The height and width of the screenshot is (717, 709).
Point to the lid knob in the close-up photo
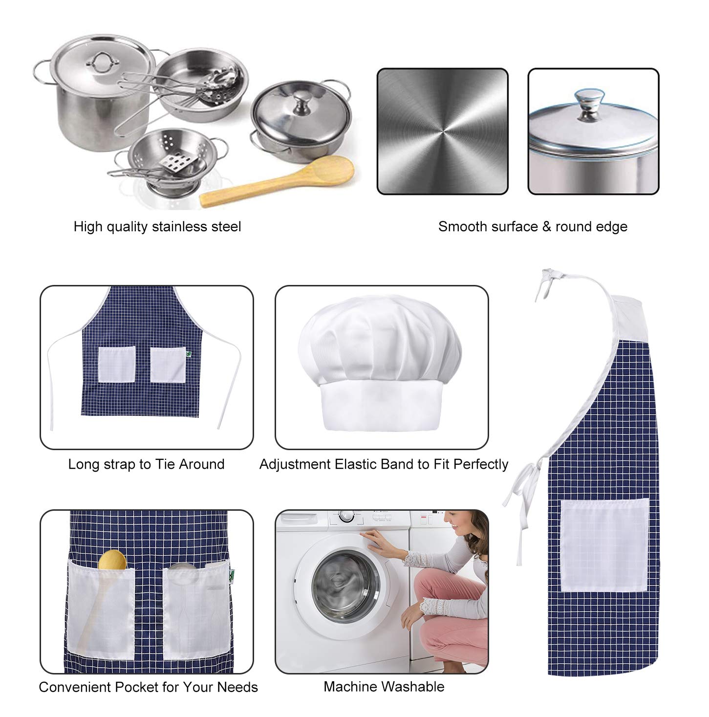point(589,104)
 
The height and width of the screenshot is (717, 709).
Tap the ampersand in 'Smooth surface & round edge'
point(546,227)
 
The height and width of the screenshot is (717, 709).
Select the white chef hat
point(380,363)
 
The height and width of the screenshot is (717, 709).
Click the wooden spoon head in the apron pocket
point(112,560)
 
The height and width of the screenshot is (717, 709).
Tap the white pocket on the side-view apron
point(604,545)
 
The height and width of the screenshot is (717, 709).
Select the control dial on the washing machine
point(346,516)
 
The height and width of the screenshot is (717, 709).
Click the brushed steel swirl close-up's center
point(442,131)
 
